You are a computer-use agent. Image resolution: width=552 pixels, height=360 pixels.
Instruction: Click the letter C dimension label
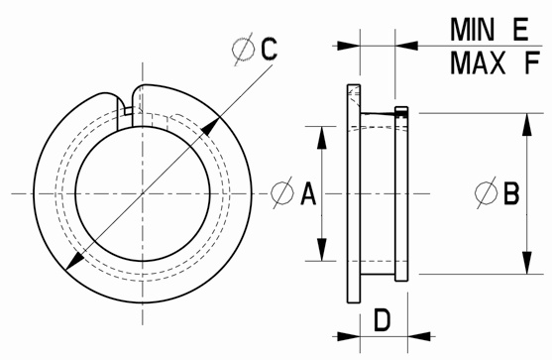click(x=269, y=49)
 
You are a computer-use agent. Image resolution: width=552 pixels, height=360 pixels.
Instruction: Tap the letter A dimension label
click(x=308, y=193)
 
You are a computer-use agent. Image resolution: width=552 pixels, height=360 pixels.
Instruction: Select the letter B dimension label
click(x=511, y=193)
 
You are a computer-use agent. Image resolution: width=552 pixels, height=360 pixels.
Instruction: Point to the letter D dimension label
click(x=382, y=320)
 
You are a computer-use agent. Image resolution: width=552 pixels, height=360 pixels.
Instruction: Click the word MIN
click(x=472, y=30)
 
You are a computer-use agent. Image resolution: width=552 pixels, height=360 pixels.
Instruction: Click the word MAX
click(x=478, y=63)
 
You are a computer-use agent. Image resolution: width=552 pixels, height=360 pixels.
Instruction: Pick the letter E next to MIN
click(x=520, y=30)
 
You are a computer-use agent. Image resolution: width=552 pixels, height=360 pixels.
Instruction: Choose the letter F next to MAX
click(x=532, y=63)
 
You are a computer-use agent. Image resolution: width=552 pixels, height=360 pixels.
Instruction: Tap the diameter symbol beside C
click(x=243, y=49)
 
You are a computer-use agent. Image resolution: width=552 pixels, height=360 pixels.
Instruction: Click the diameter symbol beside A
click(x=282, y=192)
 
